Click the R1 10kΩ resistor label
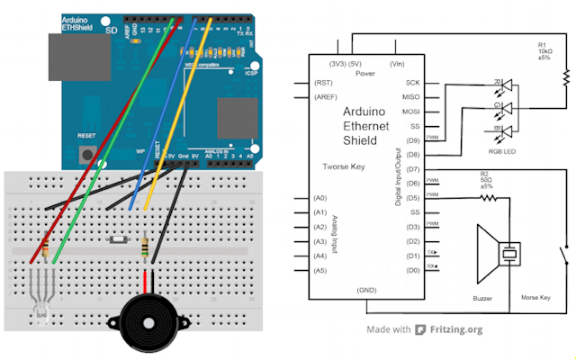(546, 53)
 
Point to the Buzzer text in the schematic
(482, 296)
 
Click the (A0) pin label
(319, 198)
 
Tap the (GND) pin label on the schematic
(366, 291)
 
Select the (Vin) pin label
(397, 64)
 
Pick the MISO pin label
(413, 97)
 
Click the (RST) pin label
(323, 82)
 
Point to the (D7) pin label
(413, 168)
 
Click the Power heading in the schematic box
(364, 75)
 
